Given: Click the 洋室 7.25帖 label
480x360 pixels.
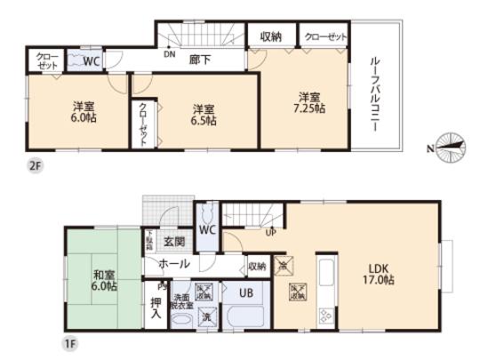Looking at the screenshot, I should [x=308, y=102].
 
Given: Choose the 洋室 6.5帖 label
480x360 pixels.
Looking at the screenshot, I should [x=204, y=116].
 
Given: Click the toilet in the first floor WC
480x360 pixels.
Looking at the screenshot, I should [x=206, y=216].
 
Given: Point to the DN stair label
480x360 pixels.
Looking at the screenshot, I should [x=169, y=53].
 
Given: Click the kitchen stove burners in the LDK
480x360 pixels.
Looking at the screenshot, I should [x=324, y=316].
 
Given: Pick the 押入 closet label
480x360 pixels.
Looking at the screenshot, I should [x=156, y=305].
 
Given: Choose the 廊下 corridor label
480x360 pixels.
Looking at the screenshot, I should [x=200, y=61].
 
